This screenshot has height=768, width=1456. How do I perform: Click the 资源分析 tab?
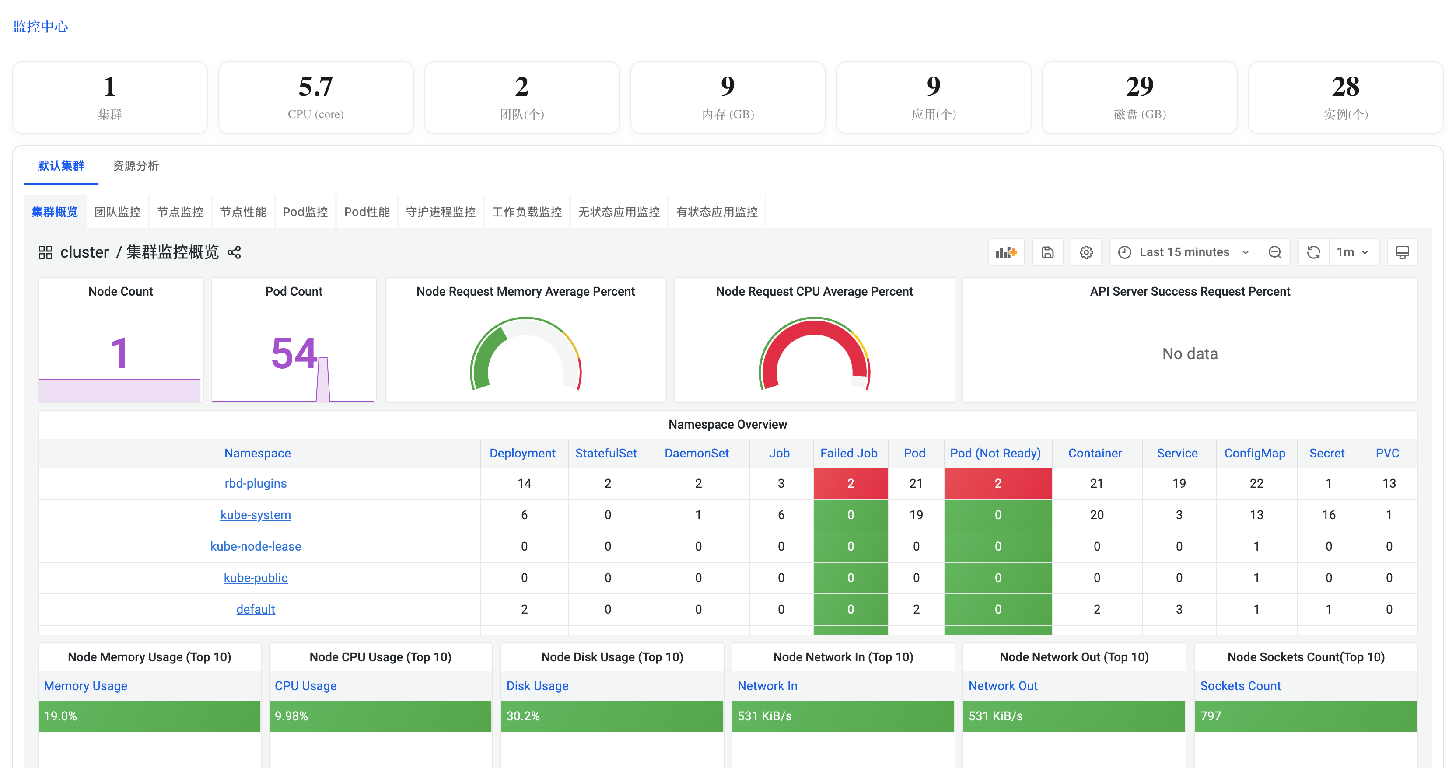pos(136,166)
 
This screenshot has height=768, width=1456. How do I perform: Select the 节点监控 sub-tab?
pos(180,212)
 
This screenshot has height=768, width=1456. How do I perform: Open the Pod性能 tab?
pos(366,212)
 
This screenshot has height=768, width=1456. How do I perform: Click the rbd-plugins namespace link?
pos(255,484)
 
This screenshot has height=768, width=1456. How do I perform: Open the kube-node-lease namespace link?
pos(255,546)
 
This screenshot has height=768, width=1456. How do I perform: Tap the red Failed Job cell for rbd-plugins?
pos(850,484)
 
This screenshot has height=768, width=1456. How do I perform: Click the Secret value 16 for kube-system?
pos(1328,515)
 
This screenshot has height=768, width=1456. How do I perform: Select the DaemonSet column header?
pos(696,453)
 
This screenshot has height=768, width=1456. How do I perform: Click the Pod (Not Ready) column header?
pos(995,453)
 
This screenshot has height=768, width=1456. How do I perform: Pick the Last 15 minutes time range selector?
pos(1184,252)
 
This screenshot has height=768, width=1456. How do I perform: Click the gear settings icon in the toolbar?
pos(1086,252)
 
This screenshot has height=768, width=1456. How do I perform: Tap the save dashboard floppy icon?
pos(1047,252)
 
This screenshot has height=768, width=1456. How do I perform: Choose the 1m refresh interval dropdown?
pos(1352,252)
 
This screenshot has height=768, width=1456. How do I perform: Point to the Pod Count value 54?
pos(294,353)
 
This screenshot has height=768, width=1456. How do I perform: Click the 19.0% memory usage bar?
pos(149,716)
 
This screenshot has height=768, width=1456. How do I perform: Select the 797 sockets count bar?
pos(1305,716)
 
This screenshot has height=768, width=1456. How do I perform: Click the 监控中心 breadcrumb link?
pos(40,27)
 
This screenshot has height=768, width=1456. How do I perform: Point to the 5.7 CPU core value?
pos(315,87)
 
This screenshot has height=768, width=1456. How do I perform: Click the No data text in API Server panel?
pos(1190,354)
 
